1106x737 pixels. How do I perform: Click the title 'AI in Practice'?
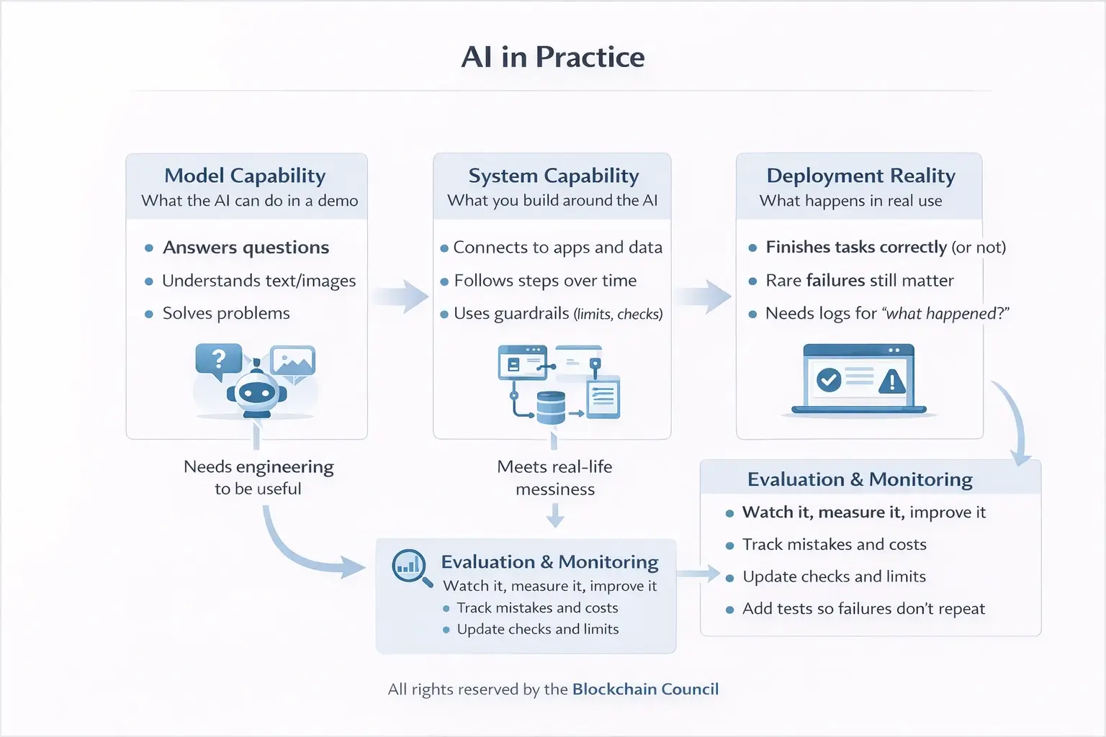point(552,58)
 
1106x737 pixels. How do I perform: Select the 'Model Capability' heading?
point(245,176)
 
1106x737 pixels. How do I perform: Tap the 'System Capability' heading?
point(553,176)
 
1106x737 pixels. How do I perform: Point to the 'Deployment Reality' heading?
point(860,176)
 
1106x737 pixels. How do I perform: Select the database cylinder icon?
point(551,407)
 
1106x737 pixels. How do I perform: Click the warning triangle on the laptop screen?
point(892,380)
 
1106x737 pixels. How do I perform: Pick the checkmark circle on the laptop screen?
point(829,379)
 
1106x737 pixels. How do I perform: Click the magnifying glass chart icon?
point(410,567)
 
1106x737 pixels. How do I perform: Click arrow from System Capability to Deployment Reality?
point(703,296)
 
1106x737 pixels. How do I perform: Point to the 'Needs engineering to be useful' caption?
point(258,478)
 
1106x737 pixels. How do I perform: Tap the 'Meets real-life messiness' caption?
point(554,478)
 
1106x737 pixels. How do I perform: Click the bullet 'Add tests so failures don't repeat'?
point(863,609)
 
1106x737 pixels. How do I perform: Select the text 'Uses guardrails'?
point(511,314)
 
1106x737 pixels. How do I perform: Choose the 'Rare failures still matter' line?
point(859,281)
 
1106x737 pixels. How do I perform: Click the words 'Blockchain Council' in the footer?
point(645,689)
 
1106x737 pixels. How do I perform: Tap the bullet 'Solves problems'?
point(226,314)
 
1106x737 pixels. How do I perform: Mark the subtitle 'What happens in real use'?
point(850,201)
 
